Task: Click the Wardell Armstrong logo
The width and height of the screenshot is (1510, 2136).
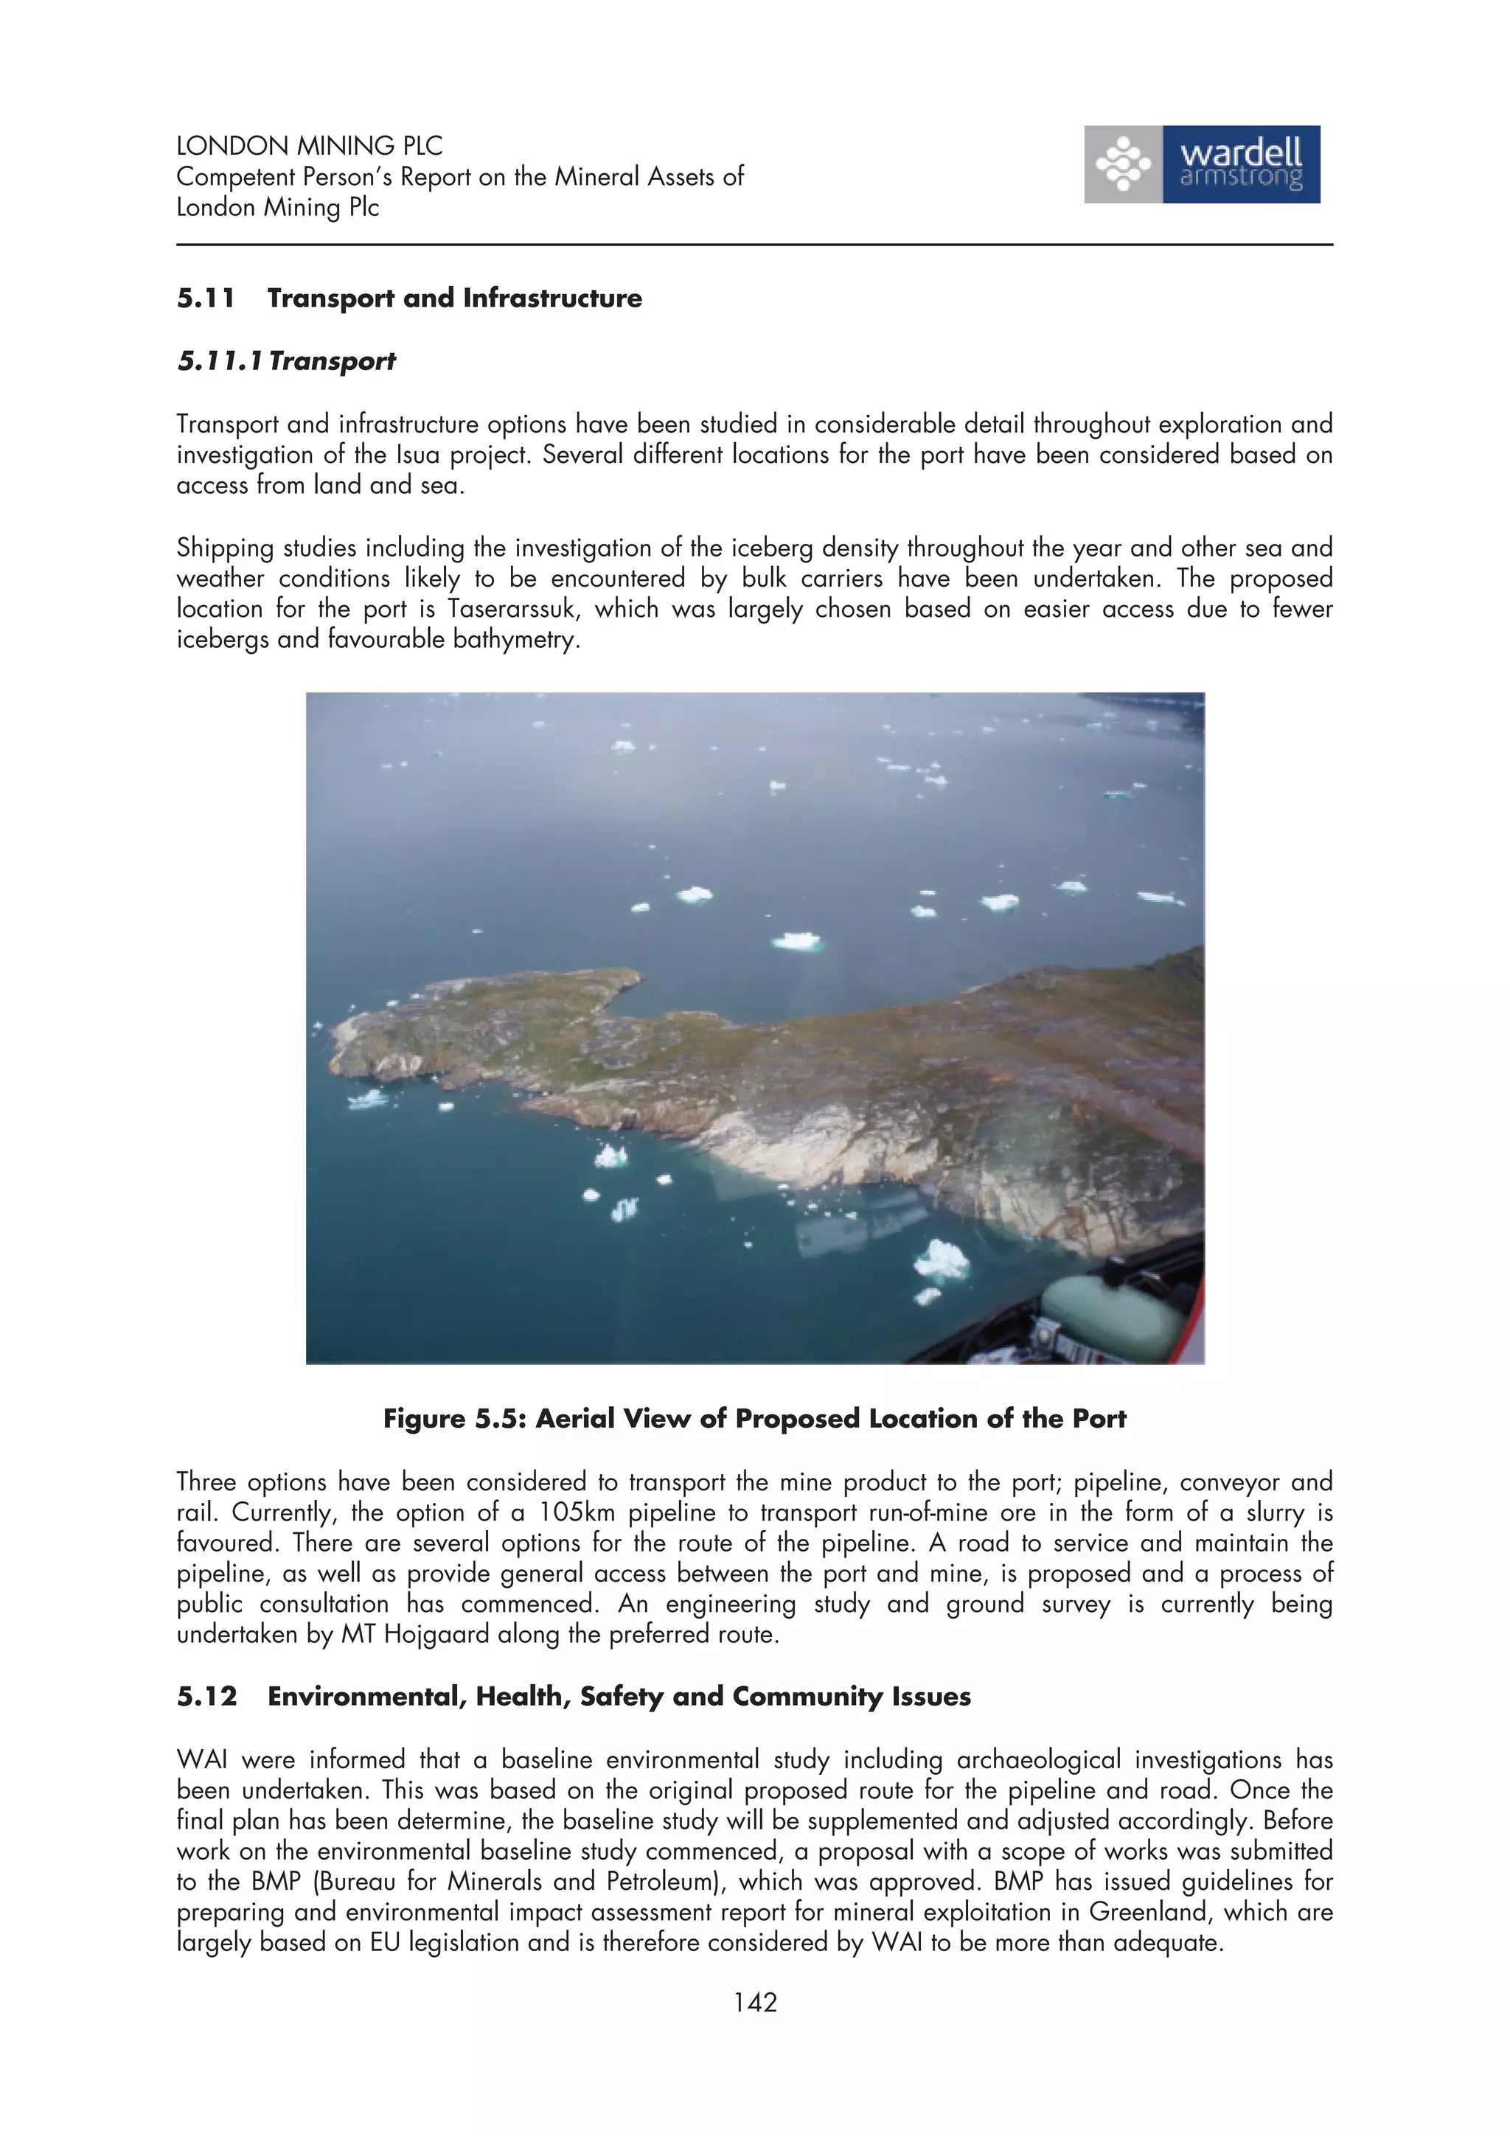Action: [1201, 164]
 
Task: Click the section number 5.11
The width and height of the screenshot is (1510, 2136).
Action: [206, 299]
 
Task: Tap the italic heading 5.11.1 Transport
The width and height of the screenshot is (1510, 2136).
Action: [287, 361]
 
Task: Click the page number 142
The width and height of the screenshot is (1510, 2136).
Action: [754, 2002]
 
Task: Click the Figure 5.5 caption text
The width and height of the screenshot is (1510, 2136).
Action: [754, 1419]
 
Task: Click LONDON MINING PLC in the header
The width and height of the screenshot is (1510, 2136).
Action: [309, 146]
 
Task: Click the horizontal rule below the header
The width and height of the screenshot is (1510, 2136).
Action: [754, 245]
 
